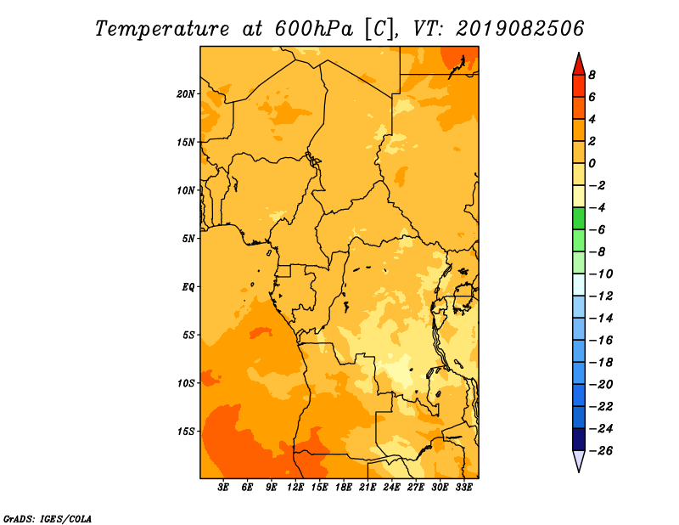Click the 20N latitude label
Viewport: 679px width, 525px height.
[186, 94]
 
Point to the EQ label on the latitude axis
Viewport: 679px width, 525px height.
[188, 287]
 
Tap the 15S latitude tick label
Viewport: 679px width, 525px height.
[186, 432]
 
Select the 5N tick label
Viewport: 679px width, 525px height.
[188, 239]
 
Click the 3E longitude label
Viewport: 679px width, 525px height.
[223, 488]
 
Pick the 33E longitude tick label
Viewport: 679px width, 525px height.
[463, 488]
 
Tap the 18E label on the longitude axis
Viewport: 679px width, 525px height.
[344, 488]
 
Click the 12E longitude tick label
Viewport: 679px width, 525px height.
[295, 488]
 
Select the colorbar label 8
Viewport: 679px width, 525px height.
[592, 75]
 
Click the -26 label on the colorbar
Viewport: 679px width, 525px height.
[601, 451]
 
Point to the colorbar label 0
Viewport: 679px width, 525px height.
[592, 163]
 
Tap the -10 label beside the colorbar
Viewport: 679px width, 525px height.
[601, 274]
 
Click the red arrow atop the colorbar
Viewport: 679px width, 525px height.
[579, 65]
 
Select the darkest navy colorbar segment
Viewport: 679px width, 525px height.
[579, 439]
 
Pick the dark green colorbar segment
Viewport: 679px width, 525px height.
[579, 218]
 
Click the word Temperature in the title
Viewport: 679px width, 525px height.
[162, 29]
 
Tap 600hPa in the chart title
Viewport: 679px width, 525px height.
[314, 29]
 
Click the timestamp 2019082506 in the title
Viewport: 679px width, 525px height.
[520, 29]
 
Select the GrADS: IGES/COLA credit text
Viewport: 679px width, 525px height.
[48, 518]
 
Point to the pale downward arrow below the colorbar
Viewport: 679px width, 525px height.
[579, 460]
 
